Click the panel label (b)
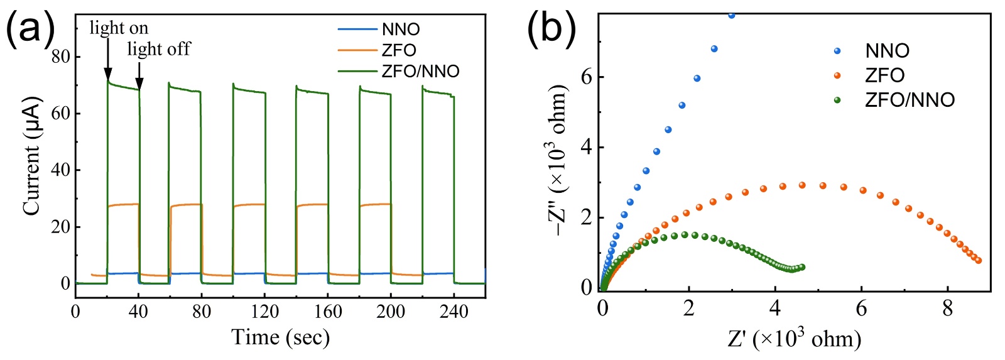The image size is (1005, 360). pyautogui.click(x=551, y=28)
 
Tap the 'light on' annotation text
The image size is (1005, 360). pyautogui.click(x=119, y=28)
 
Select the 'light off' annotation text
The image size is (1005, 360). pyautogui.click(x=158, y=49)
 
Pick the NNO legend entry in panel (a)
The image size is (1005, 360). pyautogui.click(x=401, y=30)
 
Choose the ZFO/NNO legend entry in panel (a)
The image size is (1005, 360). pyautogui.click(x=420, y=71)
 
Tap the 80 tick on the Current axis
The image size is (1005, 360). pyautogui.click(x=61, y=57)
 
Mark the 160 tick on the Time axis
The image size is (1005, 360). pyautogui.click(x=328, y=312)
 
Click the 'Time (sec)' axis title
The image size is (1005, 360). pyautogui.click(x=280, y=337)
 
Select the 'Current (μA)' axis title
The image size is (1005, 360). pyautogui.click(x=31, y=156)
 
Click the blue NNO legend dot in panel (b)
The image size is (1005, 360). pyautogui.click(x=837, y=51)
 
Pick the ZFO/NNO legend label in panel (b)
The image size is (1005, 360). pyautogui.click(x=910, y=100)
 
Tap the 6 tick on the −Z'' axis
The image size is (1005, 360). pyautogui.click(x=587, y=77)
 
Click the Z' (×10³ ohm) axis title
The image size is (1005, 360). pyautogui.click(x=794, y=339)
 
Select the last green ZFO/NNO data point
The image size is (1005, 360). pyautogui.click(x=801, y=267)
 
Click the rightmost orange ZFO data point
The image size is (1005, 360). pyautogui.click(x=979, y=260)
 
